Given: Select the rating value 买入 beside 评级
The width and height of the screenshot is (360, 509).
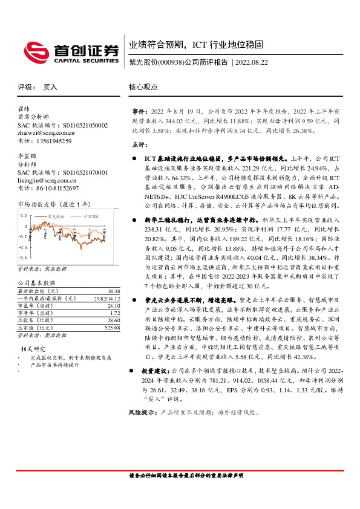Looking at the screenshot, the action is [50, 87].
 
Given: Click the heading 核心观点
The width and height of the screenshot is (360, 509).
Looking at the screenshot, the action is [143, 87].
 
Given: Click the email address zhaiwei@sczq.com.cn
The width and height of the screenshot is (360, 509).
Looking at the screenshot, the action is [46, 133].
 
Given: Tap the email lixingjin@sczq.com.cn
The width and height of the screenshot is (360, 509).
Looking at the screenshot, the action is [47, 180].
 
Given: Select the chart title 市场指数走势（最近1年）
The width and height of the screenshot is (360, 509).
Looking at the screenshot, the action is [53, 206].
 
